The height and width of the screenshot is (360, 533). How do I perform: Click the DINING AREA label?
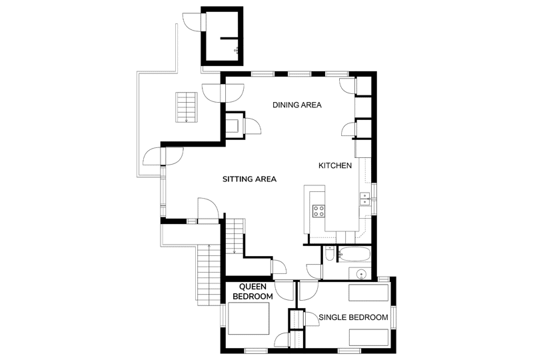[296, 105]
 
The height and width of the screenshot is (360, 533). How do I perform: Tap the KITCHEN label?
[335, 166]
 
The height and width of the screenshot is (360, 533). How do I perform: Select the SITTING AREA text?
[249, 179]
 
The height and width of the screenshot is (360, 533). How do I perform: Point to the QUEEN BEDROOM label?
[253, 291]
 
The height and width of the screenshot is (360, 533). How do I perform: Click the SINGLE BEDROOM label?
[353, 317]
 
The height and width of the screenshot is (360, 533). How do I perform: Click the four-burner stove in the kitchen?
[318, 211]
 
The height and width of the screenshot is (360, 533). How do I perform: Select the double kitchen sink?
[364, 199]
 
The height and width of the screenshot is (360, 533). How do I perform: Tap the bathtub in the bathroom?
[354, 254]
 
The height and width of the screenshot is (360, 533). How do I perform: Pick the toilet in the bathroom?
[328, 254]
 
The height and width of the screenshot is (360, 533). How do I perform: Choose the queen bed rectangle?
[249, 318]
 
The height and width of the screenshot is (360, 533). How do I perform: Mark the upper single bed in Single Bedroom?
[368, 293]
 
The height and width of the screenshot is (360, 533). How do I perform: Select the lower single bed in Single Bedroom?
[368, 337]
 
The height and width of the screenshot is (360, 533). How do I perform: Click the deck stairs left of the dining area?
[187, 107]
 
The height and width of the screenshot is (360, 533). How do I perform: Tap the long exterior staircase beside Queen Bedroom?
[209, 275]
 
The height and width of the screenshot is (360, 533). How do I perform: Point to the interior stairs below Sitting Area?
[235, 235]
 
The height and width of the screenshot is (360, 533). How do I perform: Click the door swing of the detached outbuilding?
[193, 22]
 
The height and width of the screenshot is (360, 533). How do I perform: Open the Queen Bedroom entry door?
[284, 290]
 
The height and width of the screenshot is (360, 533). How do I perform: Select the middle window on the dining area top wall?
[299, 73]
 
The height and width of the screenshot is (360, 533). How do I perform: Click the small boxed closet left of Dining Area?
[235, 125]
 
